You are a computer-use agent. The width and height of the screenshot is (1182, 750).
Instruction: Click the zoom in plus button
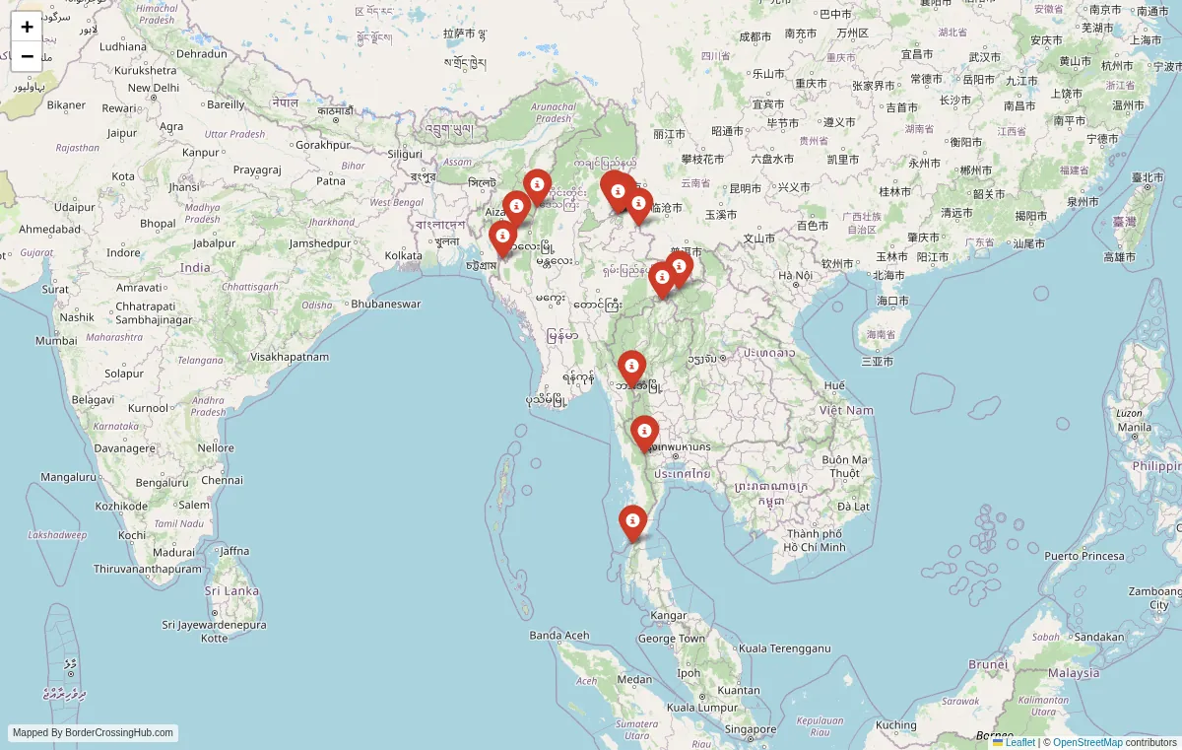click(27, 27)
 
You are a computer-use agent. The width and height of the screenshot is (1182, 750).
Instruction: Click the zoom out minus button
click(27, 56)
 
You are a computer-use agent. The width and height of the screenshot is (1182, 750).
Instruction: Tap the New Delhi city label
click(153, 88)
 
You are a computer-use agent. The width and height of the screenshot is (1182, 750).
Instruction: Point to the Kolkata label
click(403, 255)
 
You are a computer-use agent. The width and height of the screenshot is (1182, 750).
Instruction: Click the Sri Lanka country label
click(231, 591)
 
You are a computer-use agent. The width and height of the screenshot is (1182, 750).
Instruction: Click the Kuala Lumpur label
click(702, 707)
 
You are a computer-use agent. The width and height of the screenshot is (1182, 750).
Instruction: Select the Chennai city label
click(222, 480)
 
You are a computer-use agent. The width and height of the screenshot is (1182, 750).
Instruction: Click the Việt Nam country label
click(846, 410)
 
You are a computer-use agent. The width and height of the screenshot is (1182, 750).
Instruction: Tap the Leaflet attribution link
click(1019, 742)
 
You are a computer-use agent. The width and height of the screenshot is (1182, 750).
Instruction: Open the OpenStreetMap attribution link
click(1087, 742)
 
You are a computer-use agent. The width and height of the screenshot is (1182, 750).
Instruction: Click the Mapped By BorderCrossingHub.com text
click(94, 733)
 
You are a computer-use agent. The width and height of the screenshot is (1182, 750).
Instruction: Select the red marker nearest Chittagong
click(502, 238)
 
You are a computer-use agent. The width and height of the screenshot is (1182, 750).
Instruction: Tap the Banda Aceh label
click(558, 636)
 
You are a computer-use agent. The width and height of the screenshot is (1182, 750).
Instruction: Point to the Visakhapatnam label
click(290, 357)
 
